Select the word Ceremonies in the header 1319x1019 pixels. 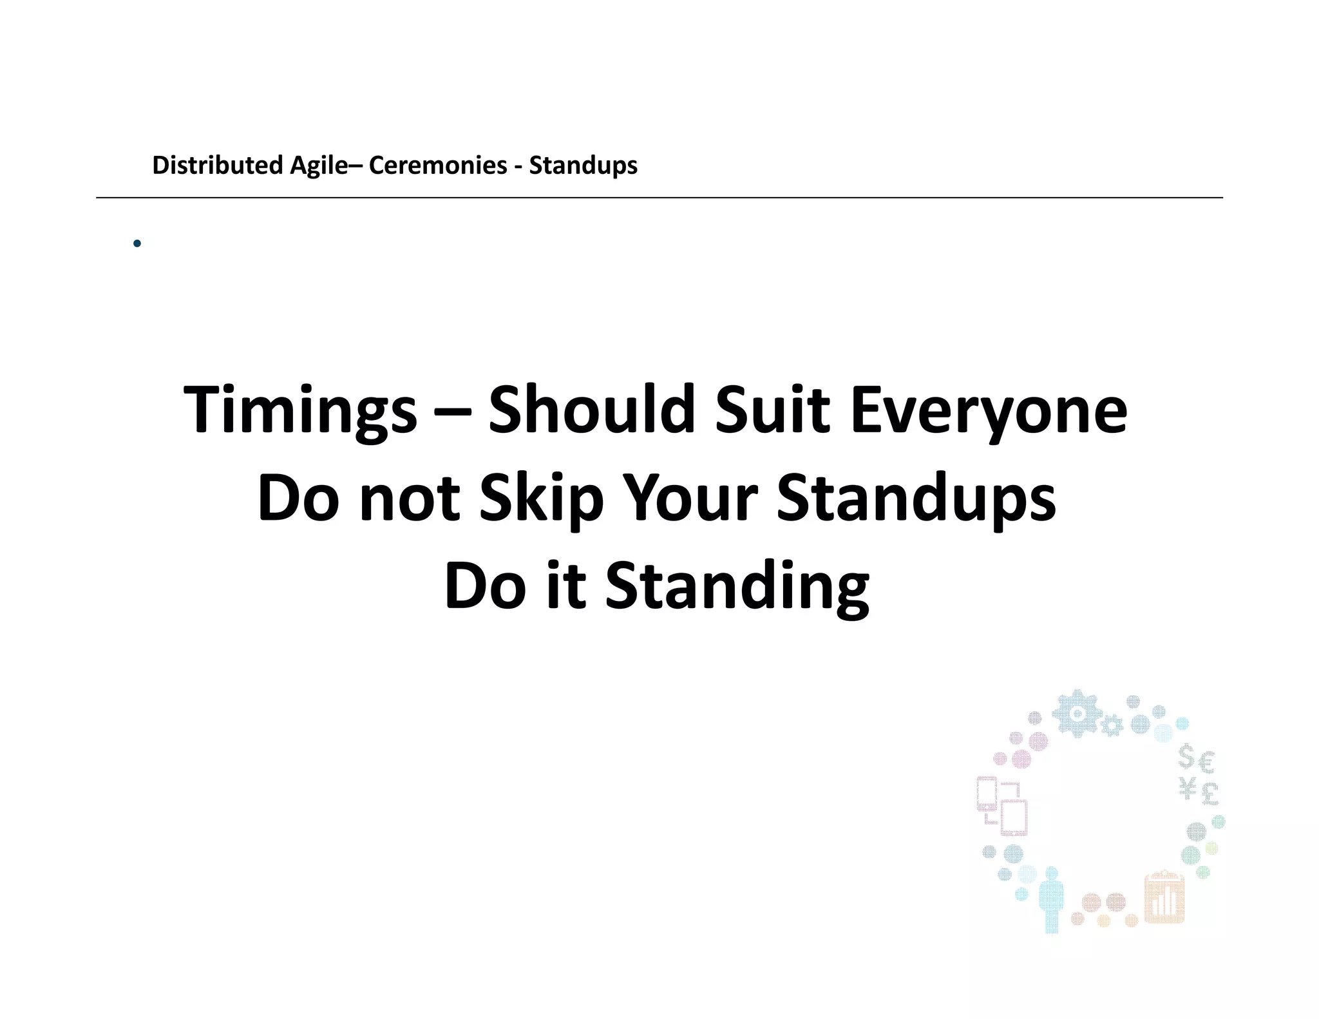pyautogui.click(x=438, y=166)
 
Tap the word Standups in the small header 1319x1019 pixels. pyautogui.click(x=583, y=166)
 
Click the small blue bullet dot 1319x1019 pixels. pyautogui.click(x=137, y=243)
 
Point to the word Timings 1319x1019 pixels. pyautogui.click(x=300, y=410)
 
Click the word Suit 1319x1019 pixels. pyautogui.click(x=773, y=409)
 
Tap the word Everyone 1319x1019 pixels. pyautogui.click(x=989, y=410)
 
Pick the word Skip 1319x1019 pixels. pyautogui.click(x=541, y=499)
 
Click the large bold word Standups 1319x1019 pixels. pyautogui.click(x=916, y=499)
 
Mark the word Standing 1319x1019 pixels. pyautogui.click(x=737, y=586)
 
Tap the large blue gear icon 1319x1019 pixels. pyautogui.click(x=1077, y=713)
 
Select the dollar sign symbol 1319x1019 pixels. pyautogui.click(x=1186, y=757)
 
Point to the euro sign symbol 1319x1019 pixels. pyautogui.click(x=1207, y=763)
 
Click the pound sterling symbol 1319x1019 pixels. pyautogui.click(x=1210, y=793)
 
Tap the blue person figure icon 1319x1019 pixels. pyautogui.click(x=1051, y=899)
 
